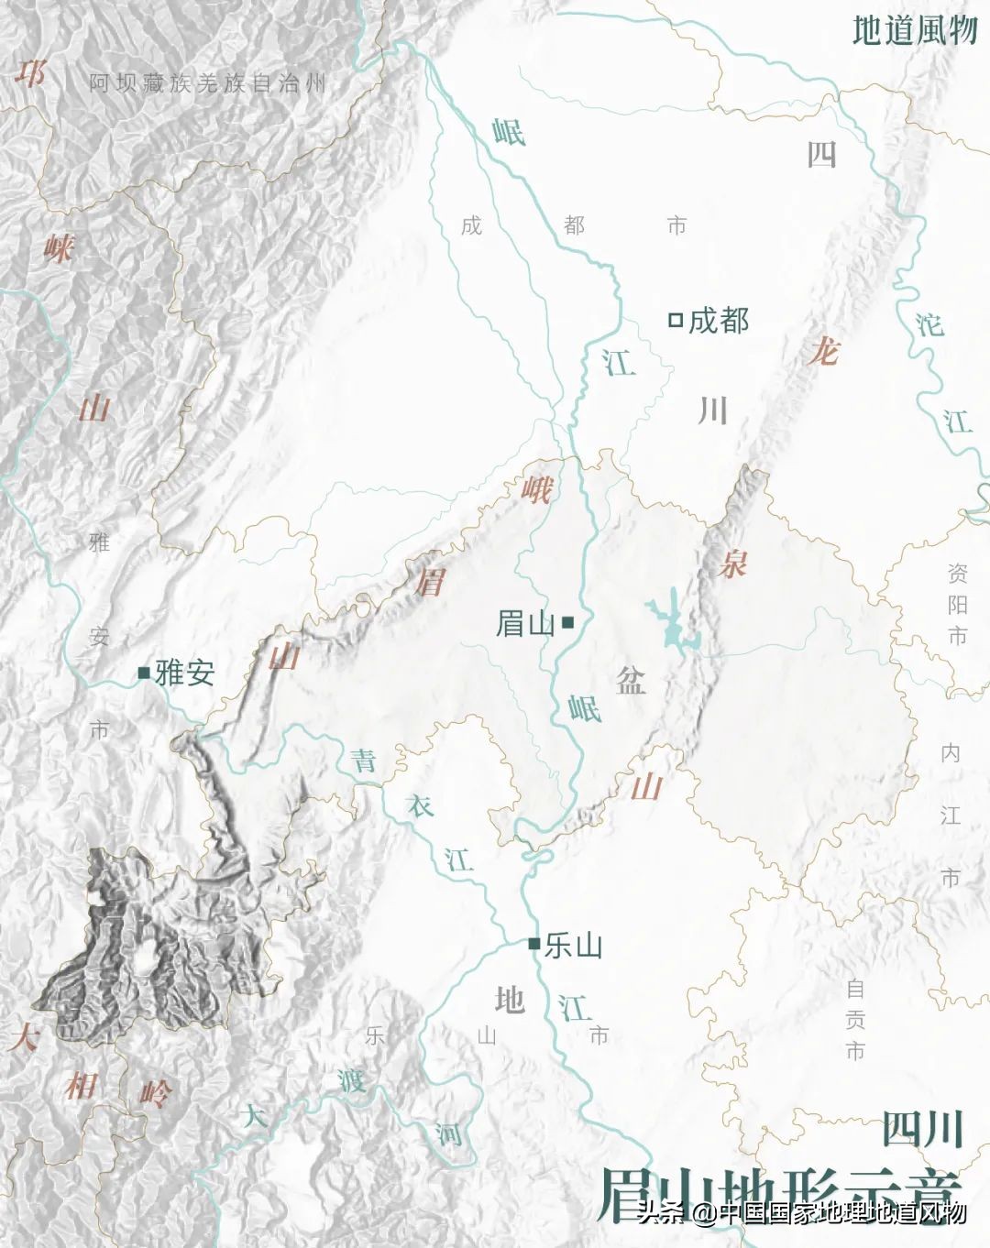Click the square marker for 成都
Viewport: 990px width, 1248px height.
pos(676,320)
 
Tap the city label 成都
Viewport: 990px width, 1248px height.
pos(719,320)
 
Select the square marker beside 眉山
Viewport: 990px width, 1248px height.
pos(568,623)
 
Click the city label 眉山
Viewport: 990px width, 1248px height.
pos(525,624)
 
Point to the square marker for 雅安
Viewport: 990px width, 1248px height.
pos(144,673)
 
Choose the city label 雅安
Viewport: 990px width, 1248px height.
pos(185,673)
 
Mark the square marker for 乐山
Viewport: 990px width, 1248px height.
pos(533,943)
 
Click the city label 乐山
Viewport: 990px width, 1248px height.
pos(573,945)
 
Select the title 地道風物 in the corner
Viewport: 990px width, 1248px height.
pos(915,30)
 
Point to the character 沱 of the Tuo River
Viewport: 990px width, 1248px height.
pos(929,324)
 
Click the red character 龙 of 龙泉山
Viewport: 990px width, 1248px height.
pos(823,350)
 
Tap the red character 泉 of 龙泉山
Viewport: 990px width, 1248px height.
pos(732,564)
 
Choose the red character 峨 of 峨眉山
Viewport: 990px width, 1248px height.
pos(536,490)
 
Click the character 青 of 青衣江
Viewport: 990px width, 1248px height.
pos(365,760)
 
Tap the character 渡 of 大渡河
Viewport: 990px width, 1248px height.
pos(351,1080)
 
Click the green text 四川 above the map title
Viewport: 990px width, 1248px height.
pos(922,1129)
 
